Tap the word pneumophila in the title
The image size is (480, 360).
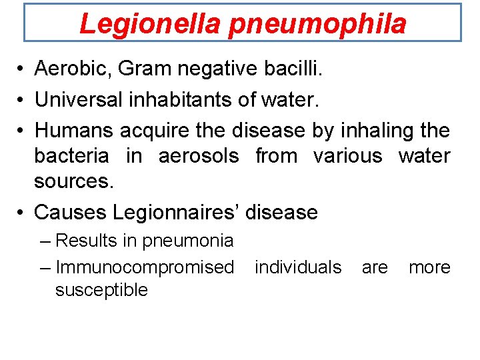click(x=317, y=25)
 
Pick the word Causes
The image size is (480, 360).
click(x=69, y=213)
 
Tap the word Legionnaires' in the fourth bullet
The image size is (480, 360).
click(x=176, y=213)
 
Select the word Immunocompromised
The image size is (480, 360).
click(x=145, y=267)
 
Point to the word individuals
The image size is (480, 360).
click(x=298, y=267)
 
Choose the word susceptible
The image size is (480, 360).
click(x=101, y=290)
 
